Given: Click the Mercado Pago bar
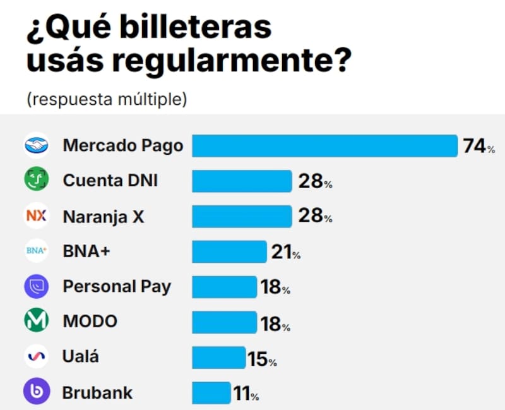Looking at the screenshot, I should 324,146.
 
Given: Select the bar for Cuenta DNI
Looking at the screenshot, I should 241,181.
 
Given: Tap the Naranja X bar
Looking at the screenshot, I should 241,217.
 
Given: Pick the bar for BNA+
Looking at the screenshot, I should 229,251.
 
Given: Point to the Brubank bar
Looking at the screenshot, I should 211,392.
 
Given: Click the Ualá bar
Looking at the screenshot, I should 218,358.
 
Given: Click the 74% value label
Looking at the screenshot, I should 478,147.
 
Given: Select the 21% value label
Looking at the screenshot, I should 285,253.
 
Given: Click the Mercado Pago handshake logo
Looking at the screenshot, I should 37,146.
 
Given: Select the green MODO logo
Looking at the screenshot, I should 37,322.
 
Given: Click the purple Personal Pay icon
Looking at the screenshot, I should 37,287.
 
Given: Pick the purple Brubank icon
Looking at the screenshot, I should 37,392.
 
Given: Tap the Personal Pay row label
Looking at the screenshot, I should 117,286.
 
